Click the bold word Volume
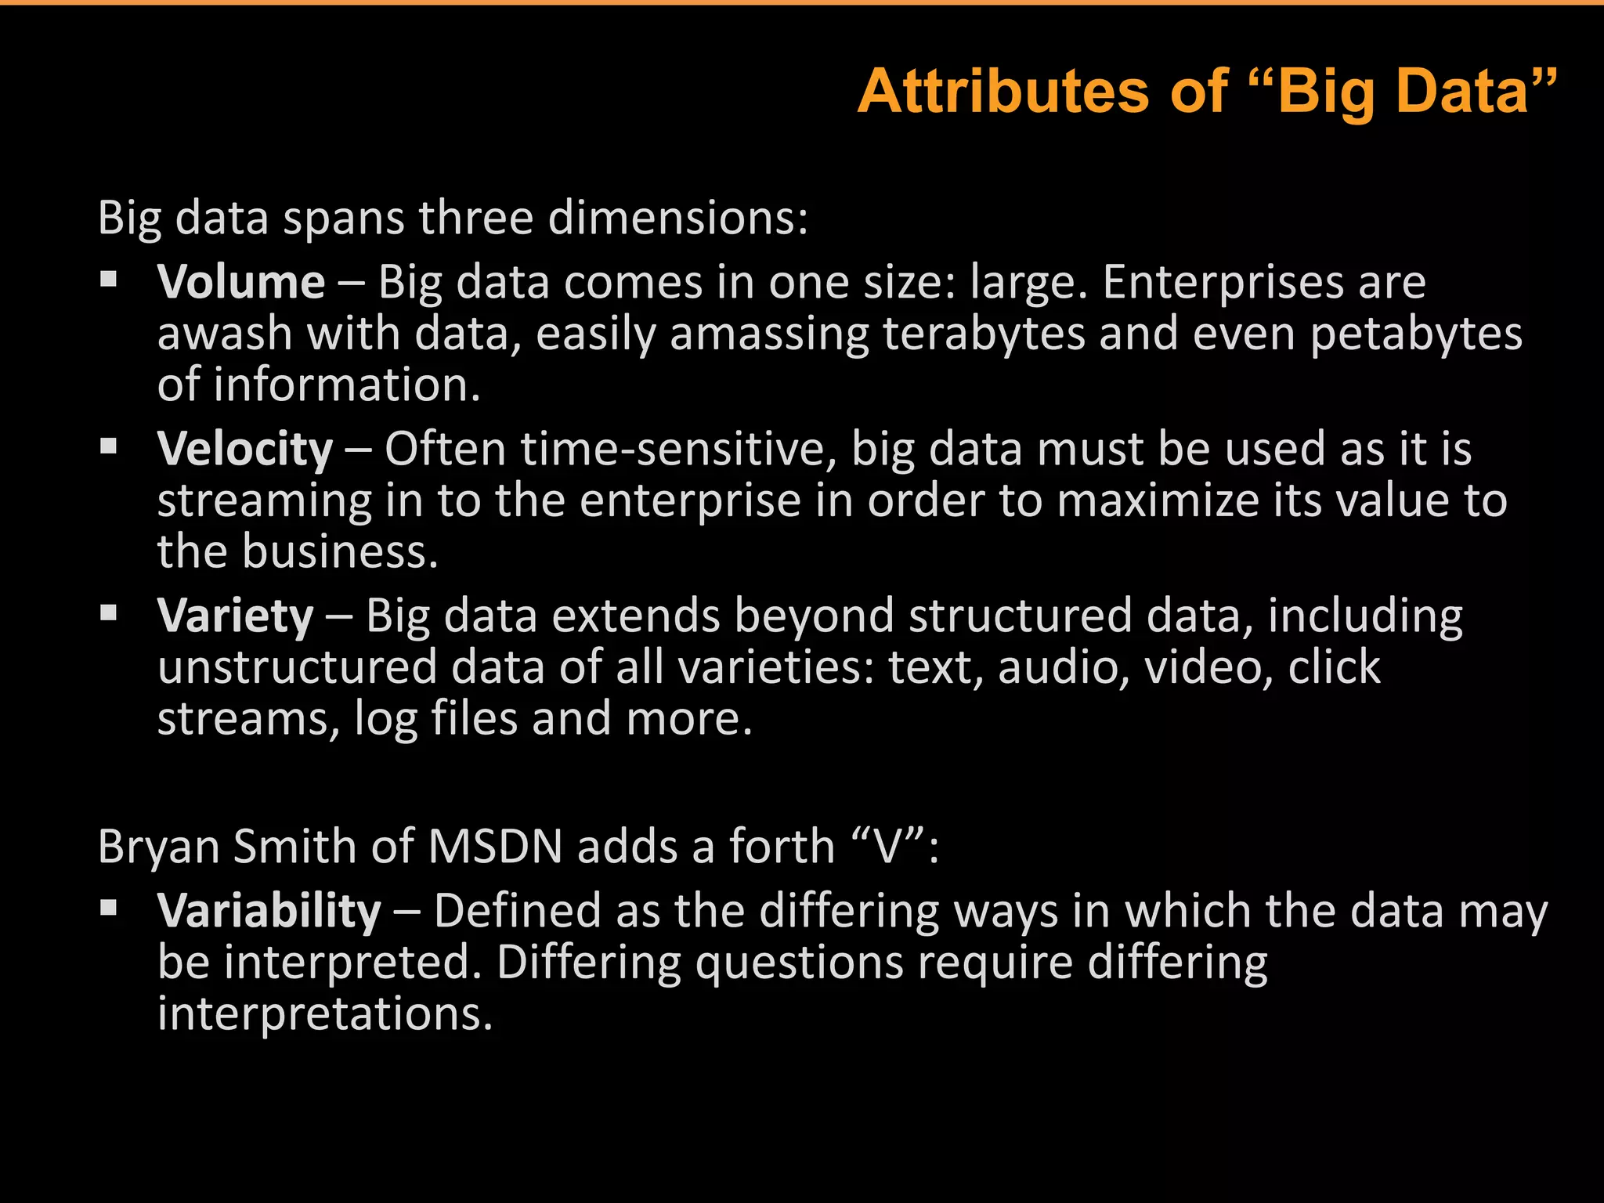240,282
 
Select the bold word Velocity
244,450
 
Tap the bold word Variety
235,616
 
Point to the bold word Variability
269,911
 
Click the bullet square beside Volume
109,279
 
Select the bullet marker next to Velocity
109,446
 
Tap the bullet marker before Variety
109,612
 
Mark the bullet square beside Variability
109,907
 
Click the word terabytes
984,334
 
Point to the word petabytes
1416,334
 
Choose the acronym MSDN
496,847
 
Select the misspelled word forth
782,847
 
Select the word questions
799,963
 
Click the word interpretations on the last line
325,1014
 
